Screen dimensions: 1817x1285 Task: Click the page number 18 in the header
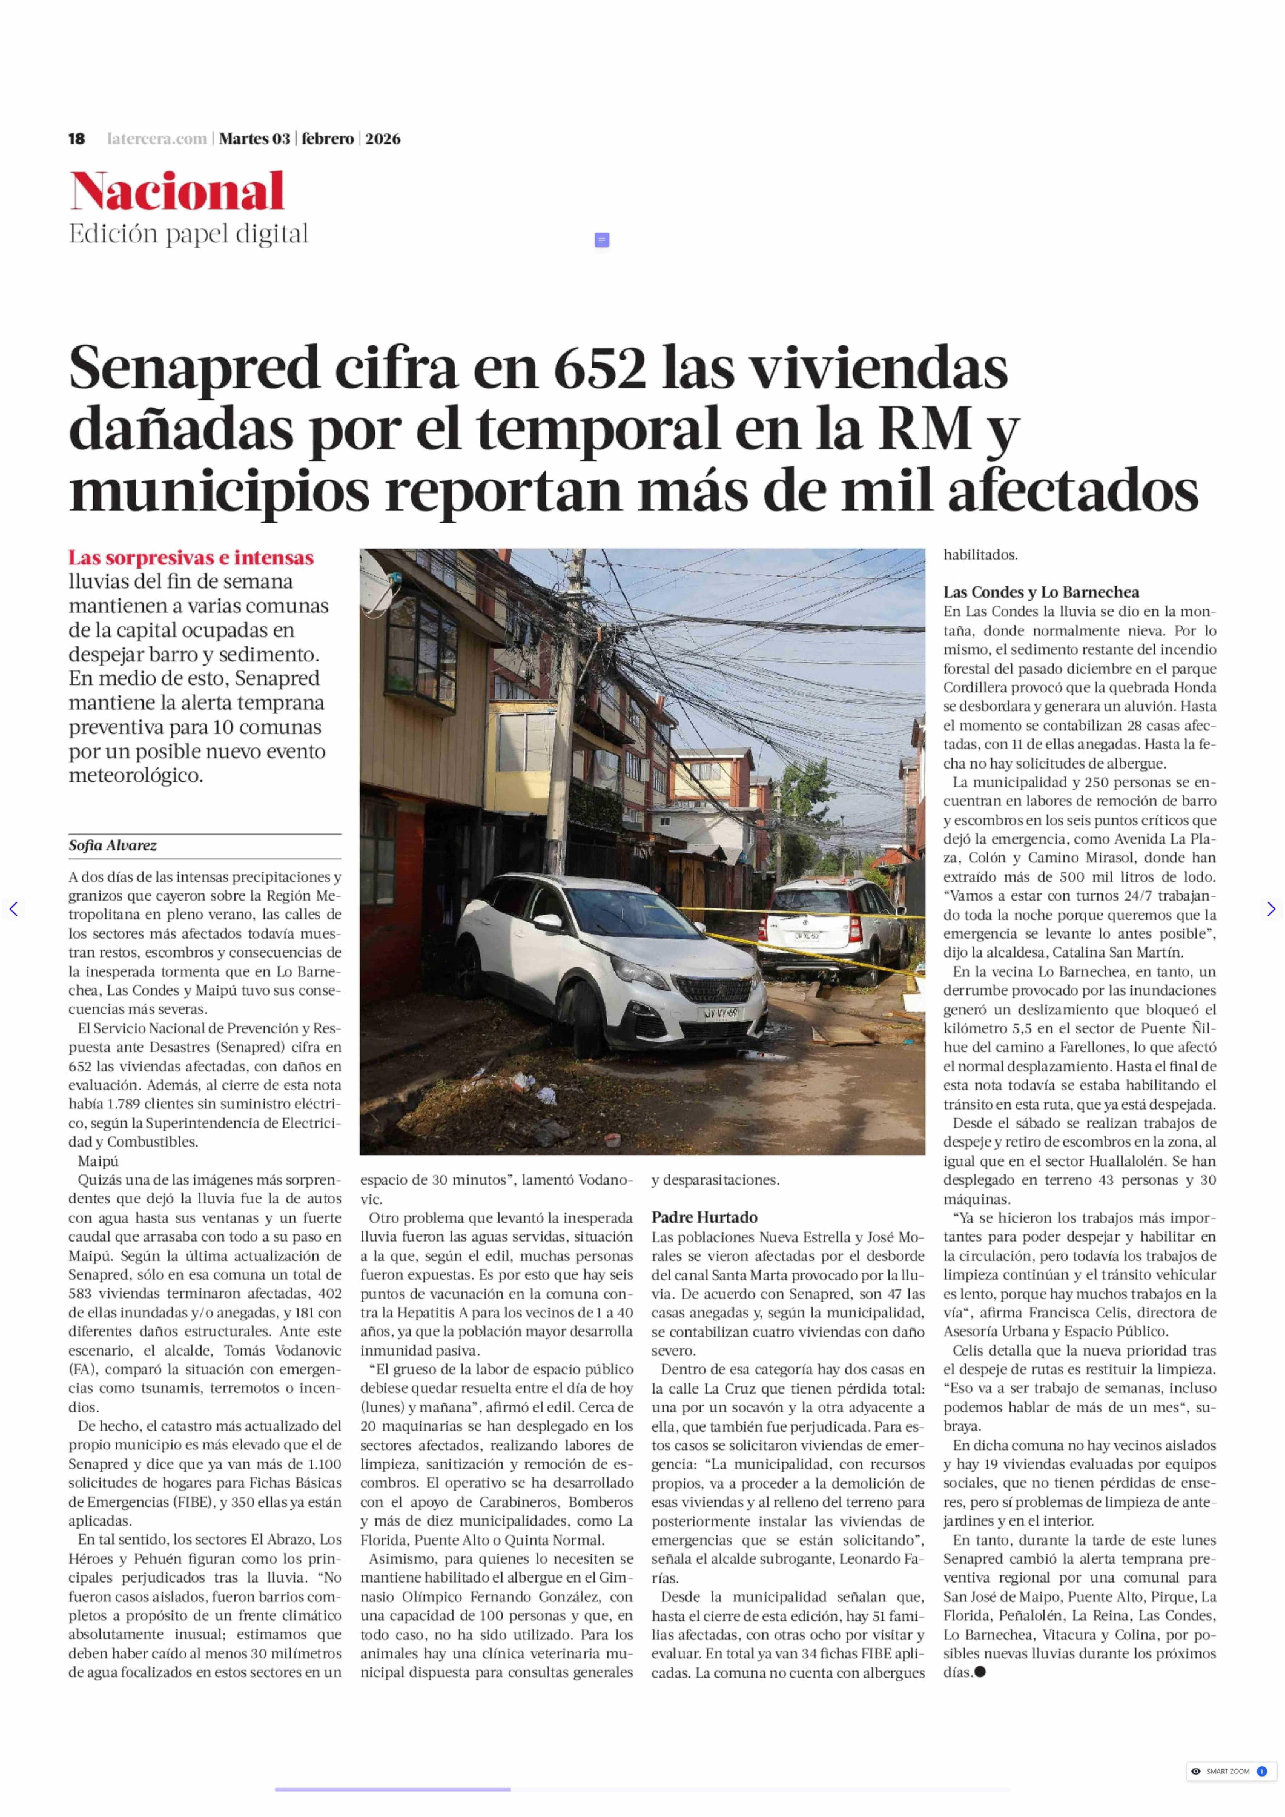(77, 139)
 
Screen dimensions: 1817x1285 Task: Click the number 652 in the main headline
(599, 369)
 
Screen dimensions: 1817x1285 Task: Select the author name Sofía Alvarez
(112, 845)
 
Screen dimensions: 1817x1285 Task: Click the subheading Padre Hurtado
(704, 1217)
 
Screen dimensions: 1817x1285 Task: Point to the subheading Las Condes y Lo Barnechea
(1040, 592)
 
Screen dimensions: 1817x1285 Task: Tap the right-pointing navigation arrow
(1271, 909)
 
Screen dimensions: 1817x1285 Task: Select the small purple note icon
(601, 240)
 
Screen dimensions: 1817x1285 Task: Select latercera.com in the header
(157, 139)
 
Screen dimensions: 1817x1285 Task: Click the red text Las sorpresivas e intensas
(191, 558)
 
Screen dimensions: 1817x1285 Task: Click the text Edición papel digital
(188, 234)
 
